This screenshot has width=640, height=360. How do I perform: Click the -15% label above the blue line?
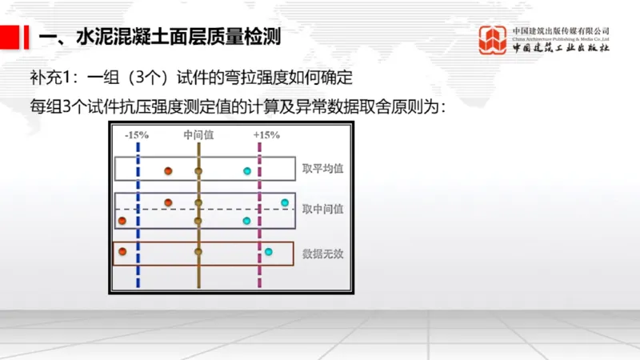tap(137, 135)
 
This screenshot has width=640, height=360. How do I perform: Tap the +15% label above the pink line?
tap(266, 135)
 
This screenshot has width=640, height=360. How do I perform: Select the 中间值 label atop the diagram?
tap(198, 135)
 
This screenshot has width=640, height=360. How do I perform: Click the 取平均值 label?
tap(323, 170)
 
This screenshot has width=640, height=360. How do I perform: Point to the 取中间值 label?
tap(323, 209)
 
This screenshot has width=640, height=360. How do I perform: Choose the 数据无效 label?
tap(323, 254)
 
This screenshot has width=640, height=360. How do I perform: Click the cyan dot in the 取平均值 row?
tap(247, 171)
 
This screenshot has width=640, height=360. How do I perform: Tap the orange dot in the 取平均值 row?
tap(168, 171)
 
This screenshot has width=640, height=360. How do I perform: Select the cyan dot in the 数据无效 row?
tap(269, 253)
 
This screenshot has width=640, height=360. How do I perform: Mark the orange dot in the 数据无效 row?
tap(122, 252)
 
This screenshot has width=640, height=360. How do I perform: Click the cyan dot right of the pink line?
tap(285, 202)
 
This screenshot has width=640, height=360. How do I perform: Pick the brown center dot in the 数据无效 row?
tap(198, 252)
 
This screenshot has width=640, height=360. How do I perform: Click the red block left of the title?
tap(10, 36)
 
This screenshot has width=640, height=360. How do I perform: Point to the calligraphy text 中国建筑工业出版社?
tap(560, 48)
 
